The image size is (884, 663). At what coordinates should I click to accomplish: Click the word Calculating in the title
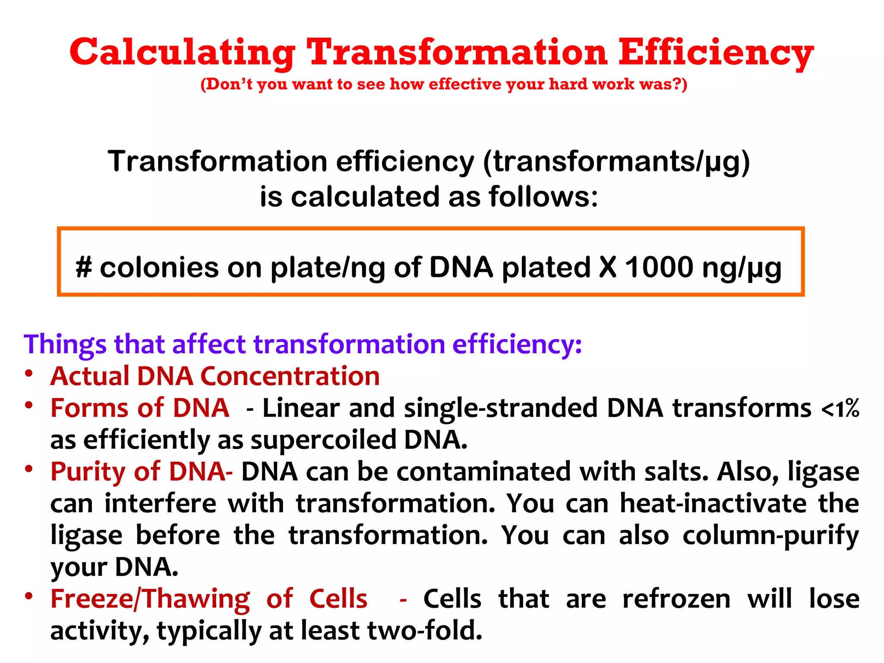point(183,53)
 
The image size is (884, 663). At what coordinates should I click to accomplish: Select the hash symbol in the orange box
point(84,267)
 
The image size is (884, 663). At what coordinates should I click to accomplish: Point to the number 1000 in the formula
point(659,267)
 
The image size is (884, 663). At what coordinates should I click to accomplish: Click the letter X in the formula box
point(608,267)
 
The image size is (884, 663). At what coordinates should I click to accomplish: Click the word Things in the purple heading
point(65,344)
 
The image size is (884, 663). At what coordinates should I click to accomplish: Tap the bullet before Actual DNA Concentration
point(29,373)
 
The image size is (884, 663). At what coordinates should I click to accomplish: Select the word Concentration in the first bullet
point(290,376)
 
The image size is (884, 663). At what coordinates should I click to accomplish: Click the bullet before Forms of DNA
point(29,405)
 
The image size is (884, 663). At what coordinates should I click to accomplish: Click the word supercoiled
point(323,440)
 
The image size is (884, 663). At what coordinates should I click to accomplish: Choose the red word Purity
point(88,472)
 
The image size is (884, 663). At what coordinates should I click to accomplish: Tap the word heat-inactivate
point(713,504)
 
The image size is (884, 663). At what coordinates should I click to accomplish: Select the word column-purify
point(770,536)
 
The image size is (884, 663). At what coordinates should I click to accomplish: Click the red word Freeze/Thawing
point(150,600)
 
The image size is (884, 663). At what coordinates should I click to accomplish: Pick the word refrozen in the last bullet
point(676,599)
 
